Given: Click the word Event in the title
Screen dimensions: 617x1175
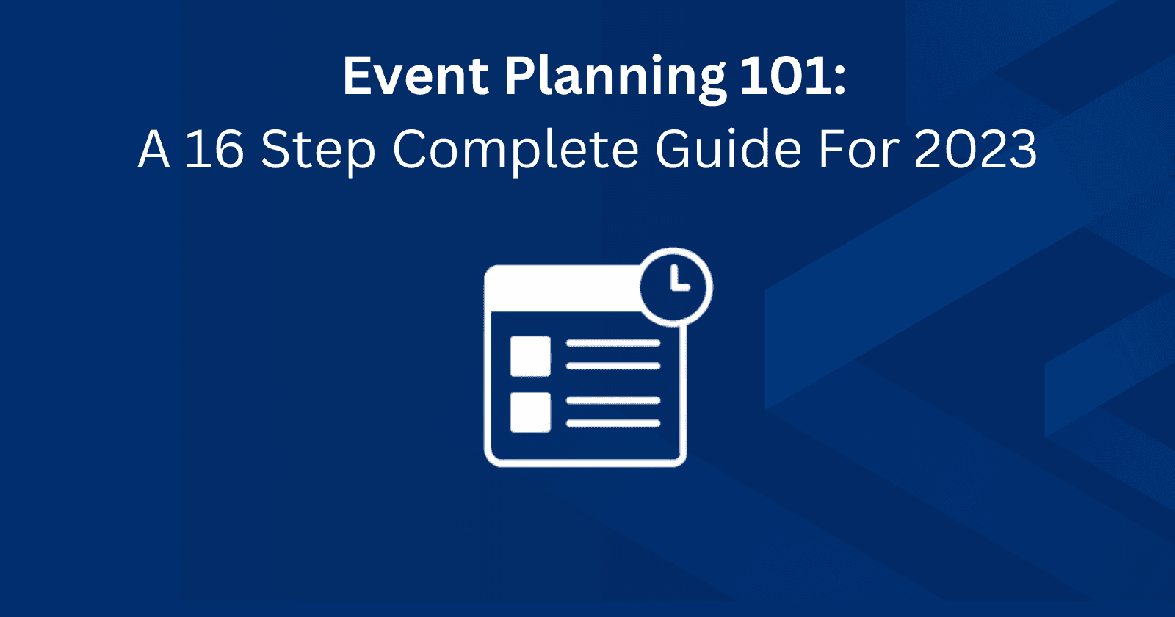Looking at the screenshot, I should pos(416,76).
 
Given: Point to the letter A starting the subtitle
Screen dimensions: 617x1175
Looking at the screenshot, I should pos(154,149).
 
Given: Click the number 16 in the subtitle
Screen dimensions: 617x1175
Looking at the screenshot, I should pos(214,149).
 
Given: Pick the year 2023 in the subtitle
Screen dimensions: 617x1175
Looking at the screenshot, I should pos(975,149).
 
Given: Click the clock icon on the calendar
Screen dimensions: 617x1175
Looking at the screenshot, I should pos(675,286).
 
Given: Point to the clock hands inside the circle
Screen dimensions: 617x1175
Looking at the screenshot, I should pos(679,280).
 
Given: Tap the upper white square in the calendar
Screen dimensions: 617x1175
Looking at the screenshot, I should pos(530,356).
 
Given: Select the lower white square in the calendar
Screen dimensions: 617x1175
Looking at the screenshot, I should pos(530,411).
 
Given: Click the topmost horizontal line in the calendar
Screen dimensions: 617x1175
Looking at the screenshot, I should pos(613,343).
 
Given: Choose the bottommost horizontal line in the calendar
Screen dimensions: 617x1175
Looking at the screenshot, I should pos(613,424).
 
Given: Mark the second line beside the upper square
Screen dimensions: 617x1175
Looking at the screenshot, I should pos(613,366).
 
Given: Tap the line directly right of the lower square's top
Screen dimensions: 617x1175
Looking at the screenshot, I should pos(613,400).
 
